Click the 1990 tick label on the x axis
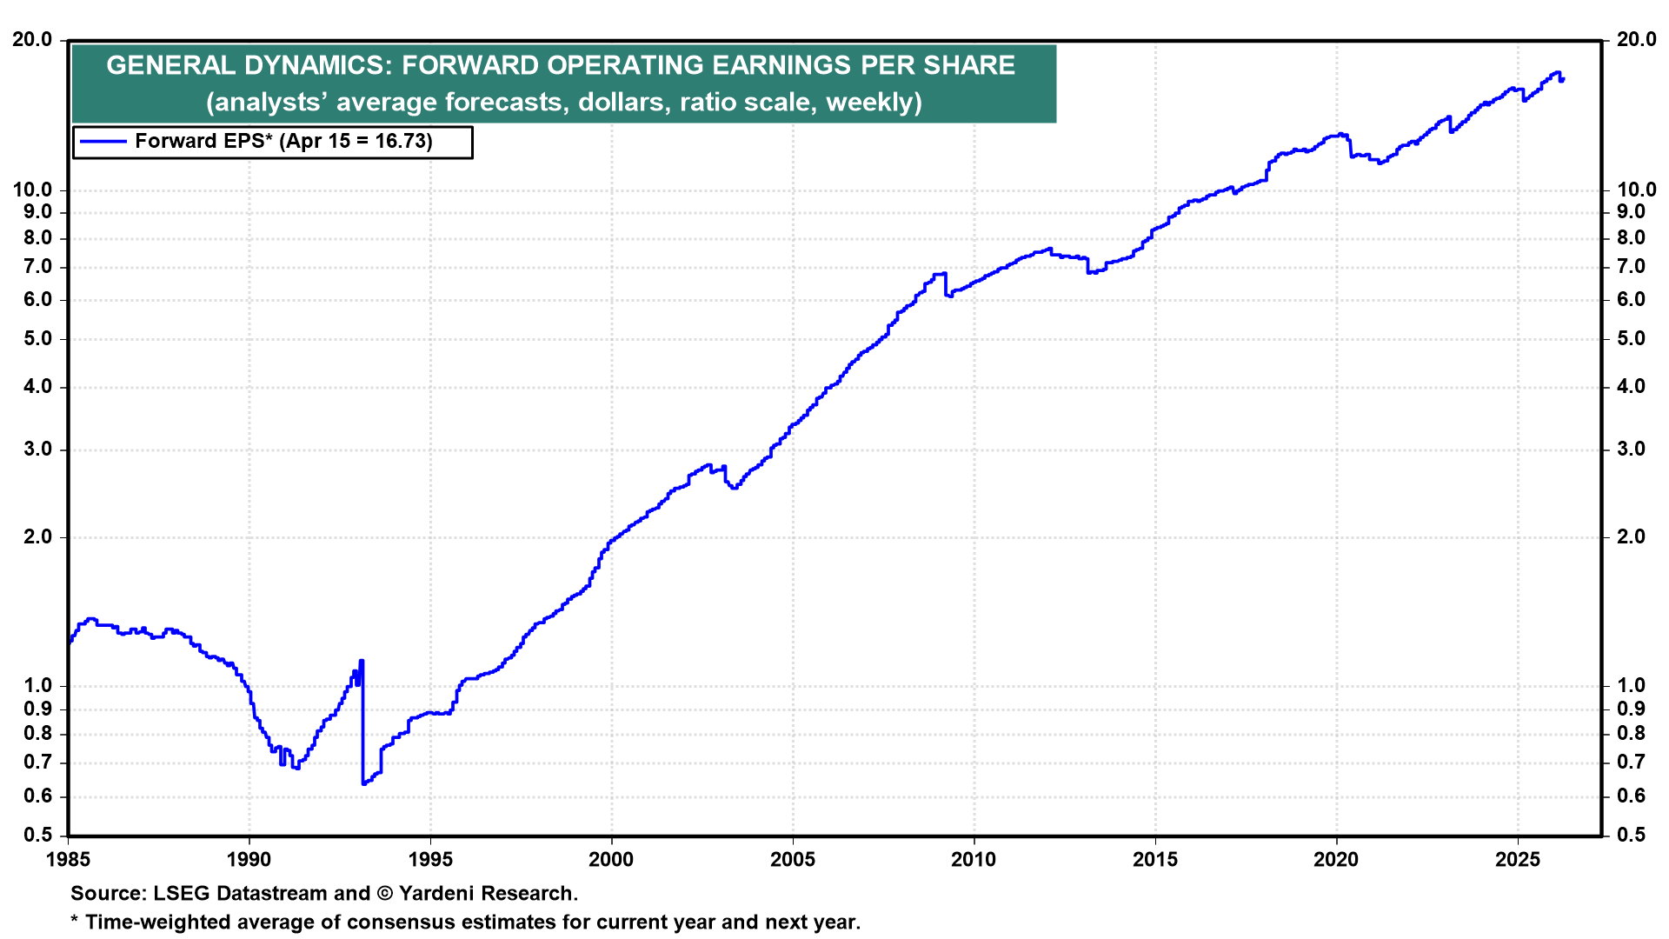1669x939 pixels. pos(249,860)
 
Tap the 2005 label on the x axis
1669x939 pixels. pos(793,860)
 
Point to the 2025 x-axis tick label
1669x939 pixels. pos(1518,860)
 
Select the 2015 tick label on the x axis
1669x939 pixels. pos(1155,860)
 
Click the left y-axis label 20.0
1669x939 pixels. pos(32,40)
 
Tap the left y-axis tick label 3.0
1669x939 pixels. pos(37,450)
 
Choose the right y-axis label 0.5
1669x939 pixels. pos(1631,836)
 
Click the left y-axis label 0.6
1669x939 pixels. pos(37,796)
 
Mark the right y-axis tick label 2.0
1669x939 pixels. pos(1631,537)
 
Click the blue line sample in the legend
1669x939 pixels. pos(103,142)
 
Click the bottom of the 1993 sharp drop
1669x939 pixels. pos(363,784)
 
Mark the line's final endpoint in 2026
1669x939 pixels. pos(1562,80)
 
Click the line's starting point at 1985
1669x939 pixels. pos(70,642)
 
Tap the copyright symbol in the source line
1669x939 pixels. pos(385,894)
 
